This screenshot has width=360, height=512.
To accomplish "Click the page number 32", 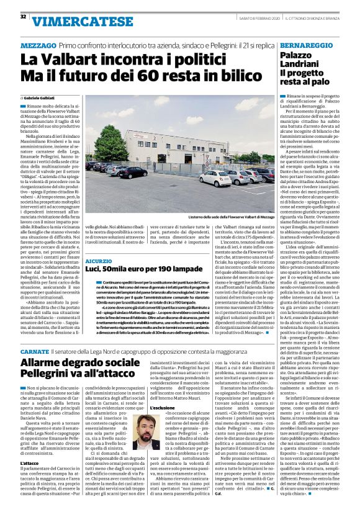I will point(23,16).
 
